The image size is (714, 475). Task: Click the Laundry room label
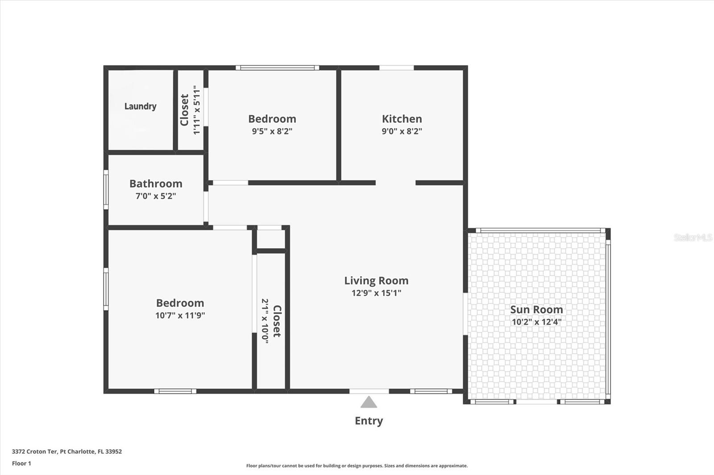point(140,106)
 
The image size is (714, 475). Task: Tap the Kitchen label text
point(402,119)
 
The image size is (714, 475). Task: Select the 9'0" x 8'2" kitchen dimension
point(402,131)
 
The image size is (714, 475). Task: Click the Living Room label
point(376,280)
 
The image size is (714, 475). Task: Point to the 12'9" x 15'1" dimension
point(376,293)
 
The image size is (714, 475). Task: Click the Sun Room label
point(536,309)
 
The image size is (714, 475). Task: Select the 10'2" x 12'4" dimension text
point(536,322)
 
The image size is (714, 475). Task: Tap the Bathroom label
point(156,183)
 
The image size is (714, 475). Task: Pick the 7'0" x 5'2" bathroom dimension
point(156,196)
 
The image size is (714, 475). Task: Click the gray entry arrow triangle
point(369,403)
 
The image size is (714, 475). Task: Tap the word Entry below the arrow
point(369,421)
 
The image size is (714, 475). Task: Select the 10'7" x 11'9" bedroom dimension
point(180,315)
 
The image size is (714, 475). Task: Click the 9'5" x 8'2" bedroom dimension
point(272,131)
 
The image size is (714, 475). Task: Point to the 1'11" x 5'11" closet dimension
point(197,110)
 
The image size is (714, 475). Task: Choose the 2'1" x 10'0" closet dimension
point(265,321)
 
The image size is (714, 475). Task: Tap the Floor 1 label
point(21,463)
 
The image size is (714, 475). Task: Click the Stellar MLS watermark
point(693,237)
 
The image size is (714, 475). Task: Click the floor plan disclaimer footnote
point(357,466)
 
